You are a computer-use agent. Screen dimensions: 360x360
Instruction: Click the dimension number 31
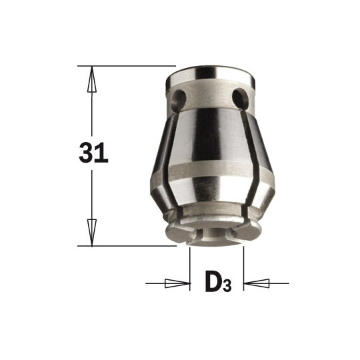[x=93, y=153]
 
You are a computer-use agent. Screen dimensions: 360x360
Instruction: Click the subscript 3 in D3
[x=227, y=285]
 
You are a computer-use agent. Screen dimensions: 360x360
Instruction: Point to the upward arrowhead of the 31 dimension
[x=92, y=79]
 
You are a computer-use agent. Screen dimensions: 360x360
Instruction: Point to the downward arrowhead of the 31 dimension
[x=92, y=233]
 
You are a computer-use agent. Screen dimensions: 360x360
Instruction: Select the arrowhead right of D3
[x=256, y=283]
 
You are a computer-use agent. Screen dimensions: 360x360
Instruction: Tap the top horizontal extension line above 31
[x=127, y=66]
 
